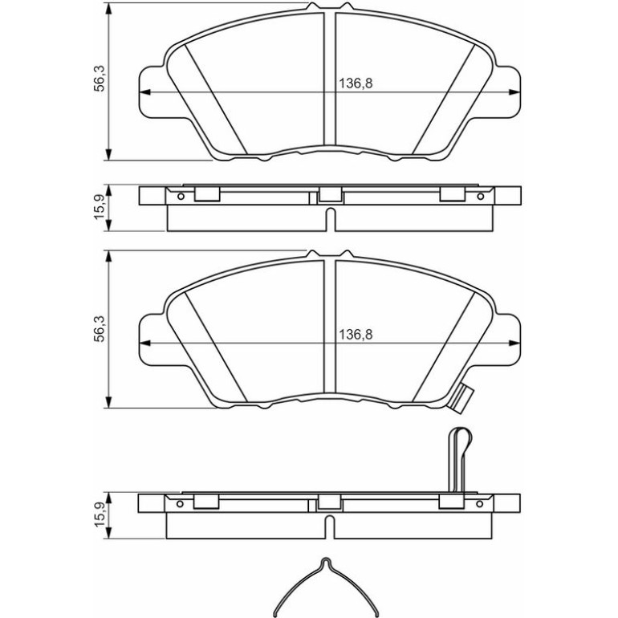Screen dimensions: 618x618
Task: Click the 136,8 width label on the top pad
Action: (x=356, y=83)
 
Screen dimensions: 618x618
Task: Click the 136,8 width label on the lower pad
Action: (x=356, y=335)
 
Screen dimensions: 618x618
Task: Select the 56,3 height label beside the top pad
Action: (x=100, y=78)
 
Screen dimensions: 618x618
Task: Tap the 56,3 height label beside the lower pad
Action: (x=100, y=329)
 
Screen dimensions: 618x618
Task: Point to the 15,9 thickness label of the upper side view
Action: (x=100, y=207)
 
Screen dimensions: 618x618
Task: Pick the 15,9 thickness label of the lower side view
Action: (x=100, y=514)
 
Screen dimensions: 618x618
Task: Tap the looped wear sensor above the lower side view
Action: (x=460, y=460)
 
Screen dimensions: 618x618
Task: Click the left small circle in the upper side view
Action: (x=181, y=197)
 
